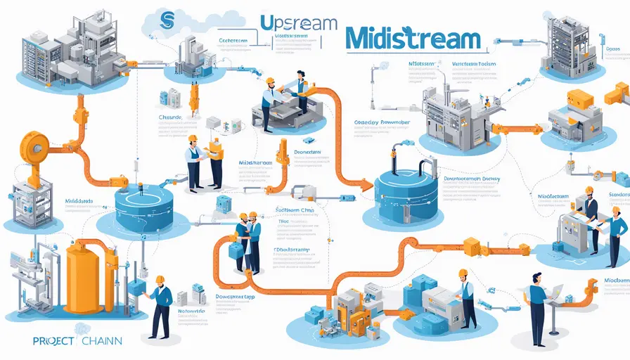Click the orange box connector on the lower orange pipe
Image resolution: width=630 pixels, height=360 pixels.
point(471,246)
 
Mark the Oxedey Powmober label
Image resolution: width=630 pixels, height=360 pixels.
point(383,121)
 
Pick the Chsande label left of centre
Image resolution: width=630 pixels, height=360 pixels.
point(171,117)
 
